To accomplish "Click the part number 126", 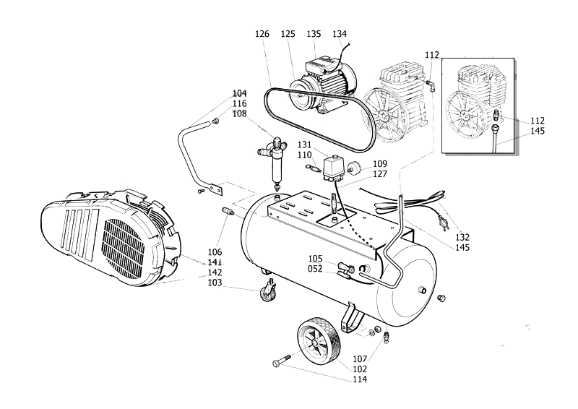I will coord(263,34).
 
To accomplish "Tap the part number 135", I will coord(314,34).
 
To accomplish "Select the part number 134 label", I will coord(339,34).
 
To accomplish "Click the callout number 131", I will coord(305,145).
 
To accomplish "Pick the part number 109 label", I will coord(380,164).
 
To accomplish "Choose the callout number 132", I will coord(462,237).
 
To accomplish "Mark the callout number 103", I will coord(214,283).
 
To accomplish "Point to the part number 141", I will coord(214,262).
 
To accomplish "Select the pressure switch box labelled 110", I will coord(334,169).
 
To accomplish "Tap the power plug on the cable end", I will coord(442,218).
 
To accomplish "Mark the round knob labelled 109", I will coord(356,169).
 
